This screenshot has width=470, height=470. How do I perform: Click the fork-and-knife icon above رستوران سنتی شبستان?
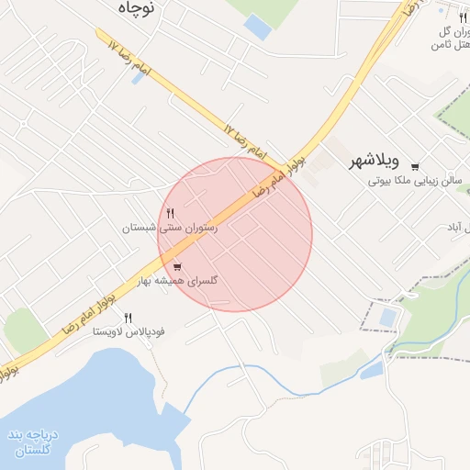tap(171, 213)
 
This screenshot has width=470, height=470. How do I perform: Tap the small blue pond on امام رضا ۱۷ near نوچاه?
tap(139, 78)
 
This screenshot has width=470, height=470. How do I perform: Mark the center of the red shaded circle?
tap(235, 234)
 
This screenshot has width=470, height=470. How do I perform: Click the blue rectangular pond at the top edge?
tap(258, 28)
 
